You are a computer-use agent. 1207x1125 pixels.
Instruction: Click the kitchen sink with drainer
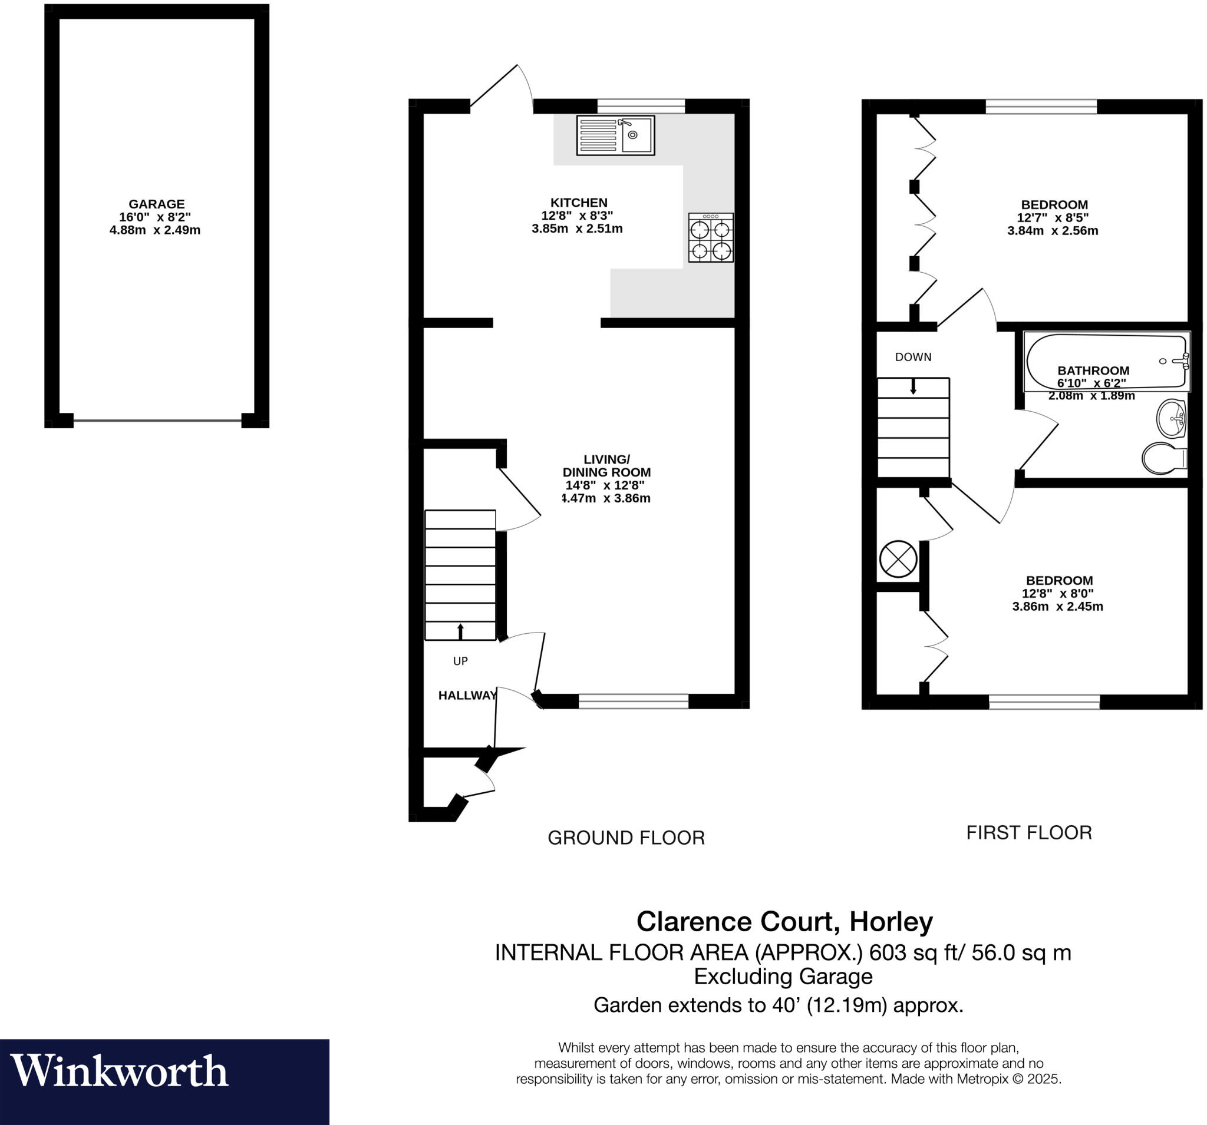[x=615, y=135]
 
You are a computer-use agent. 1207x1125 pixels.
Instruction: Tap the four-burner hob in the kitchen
[x=710, y=237]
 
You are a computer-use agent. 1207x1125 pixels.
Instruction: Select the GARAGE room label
[x=156, y=204]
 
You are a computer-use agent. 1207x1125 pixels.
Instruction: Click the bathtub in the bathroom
[x=1106, y=361]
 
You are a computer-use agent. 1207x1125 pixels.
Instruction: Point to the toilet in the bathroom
[x=1163, y=459]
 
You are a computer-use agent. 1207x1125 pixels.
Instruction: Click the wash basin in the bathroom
[x=1170, y=418]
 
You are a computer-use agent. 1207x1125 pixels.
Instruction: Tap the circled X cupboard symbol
[x=898, y=559]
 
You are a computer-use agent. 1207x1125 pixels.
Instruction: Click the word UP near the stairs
[x=460, y=661]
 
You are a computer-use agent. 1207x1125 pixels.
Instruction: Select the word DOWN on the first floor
[x=912, y=358]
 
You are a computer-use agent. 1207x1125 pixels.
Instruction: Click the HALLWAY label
[x=467, y=696]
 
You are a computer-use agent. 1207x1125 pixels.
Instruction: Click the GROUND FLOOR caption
[x=626, y=838]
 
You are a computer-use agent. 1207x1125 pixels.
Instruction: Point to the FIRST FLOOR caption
[x=1028, y=832]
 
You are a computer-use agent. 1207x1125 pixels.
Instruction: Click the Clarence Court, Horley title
[x=784, y=921]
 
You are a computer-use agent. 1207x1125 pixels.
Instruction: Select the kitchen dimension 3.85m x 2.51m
[x=577, y=229]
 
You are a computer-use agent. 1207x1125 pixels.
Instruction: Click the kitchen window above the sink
[x=641, y=106]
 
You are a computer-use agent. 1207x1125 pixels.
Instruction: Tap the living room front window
[x=632, y=702]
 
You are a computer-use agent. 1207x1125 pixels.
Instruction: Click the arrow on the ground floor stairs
[x=460, y=631]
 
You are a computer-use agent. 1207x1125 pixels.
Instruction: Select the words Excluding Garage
[x=783, y=977]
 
